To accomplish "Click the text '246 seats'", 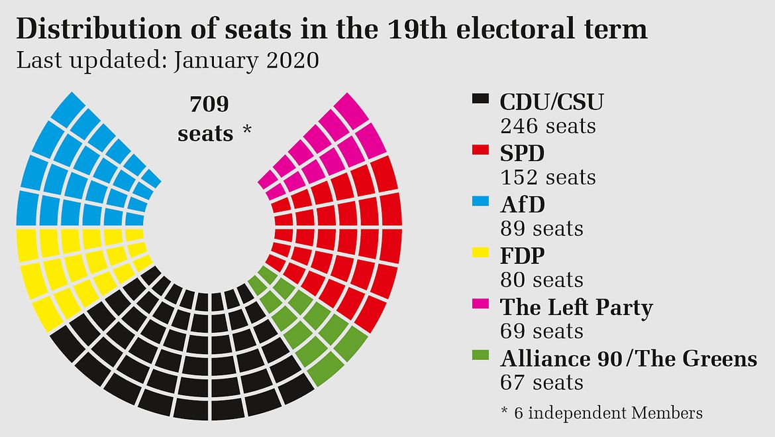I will [548, 126].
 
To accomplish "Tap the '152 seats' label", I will [548, 178].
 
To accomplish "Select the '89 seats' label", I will [542, 229].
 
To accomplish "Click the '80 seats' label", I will [542, 280].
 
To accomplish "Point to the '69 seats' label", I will [542, 331].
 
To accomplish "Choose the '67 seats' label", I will [542, 383].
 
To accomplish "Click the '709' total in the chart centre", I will [209, 105].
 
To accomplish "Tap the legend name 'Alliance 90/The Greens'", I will [629, 359].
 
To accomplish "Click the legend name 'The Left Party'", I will [576, 308].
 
